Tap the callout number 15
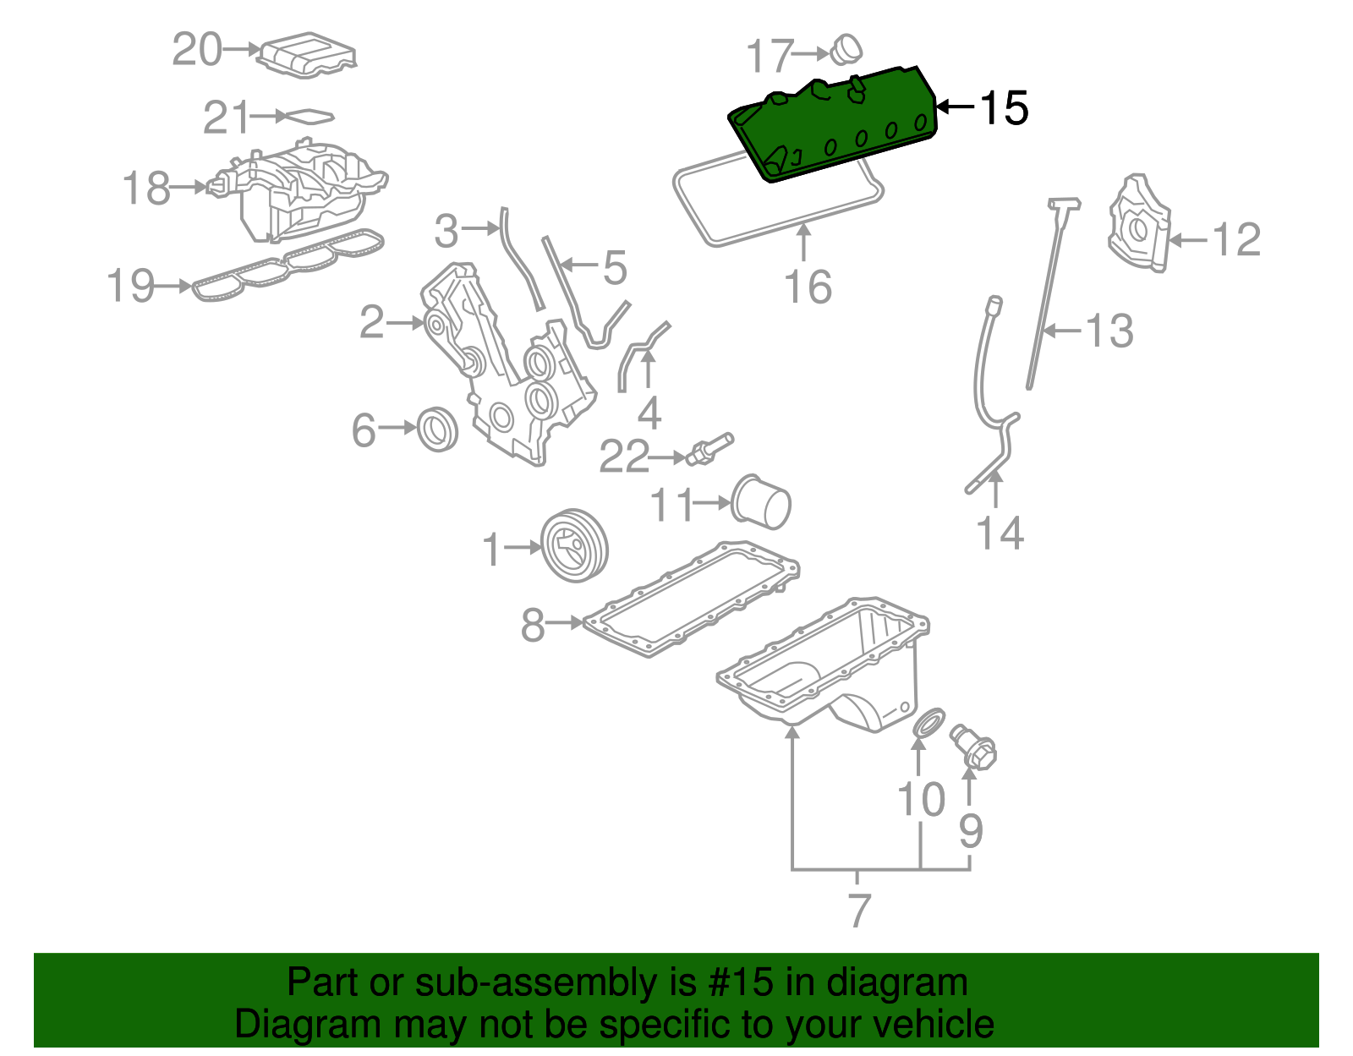(x=1003, y=108)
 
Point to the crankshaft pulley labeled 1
(x=574, y=545)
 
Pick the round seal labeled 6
(x=438, y=429)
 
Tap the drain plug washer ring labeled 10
(x=928, y=724)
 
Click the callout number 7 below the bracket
(x=858, y=910)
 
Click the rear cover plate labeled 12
(x=1139, y=224)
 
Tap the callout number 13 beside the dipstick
(x=1109, y=330)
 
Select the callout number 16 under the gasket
(x=808, y=287)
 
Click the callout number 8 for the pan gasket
(x=533, y=625)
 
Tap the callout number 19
(x=131, y=286)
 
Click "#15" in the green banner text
(x=736, y=982)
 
